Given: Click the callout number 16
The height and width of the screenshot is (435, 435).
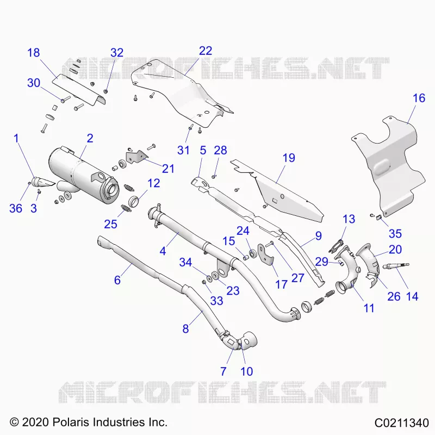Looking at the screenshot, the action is pos(419,98).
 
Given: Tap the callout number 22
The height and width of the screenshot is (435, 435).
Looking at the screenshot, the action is pos(206,51).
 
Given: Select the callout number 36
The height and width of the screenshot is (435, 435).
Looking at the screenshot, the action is pos(16,208).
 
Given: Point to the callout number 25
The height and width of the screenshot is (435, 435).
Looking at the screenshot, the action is pos(110,224).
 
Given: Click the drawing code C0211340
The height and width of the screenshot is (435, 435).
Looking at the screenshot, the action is pos(402,423).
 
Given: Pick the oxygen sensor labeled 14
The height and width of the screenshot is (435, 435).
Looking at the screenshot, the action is pos(396,266).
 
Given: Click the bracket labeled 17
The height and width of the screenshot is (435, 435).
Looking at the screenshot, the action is pos(265,254).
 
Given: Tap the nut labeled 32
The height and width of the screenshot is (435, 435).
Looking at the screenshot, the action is pos(105,91).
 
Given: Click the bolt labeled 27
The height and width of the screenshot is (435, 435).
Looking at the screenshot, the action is pos(270,244).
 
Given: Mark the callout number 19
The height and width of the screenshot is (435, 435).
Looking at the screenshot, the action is pos(289,158).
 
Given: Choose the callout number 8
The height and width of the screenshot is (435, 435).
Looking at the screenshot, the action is pos(185,329).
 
